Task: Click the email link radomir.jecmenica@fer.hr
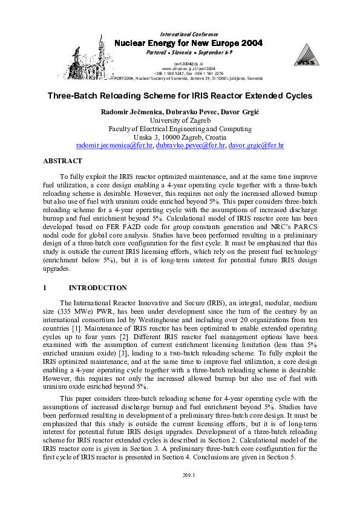coord(114,146)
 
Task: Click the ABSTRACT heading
coord(62,161)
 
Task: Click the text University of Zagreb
coord(180,120)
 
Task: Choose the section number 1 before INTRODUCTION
coord(45,288)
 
